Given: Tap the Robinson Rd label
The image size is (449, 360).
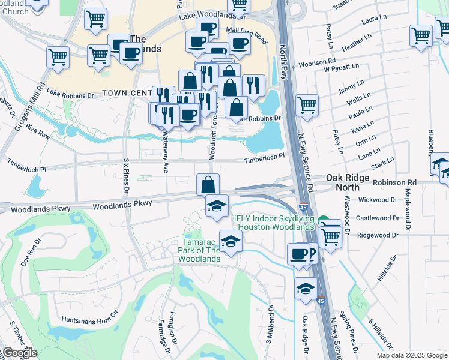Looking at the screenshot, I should [394, 182].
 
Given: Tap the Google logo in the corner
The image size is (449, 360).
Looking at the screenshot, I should [19, 353].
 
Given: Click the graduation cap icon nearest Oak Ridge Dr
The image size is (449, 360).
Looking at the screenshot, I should [306, 289].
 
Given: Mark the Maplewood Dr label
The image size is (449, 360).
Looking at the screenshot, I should [408, 210].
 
